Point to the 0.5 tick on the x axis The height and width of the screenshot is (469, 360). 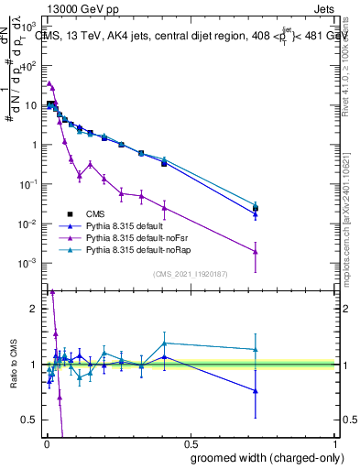191,444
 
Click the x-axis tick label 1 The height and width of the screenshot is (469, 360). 336,444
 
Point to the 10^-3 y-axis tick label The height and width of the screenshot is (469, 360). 30,263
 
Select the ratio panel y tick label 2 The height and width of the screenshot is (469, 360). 35,309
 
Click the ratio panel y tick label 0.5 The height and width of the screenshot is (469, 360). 31,420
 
